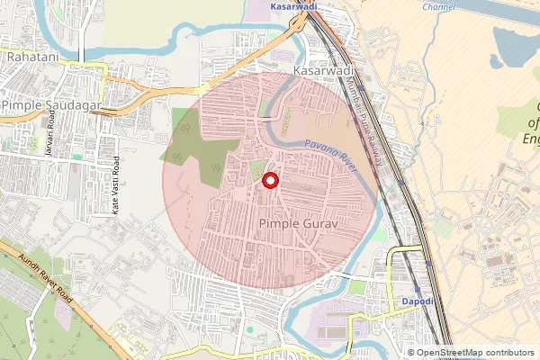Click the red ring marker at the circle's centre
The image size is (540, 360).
(x=269, y=182)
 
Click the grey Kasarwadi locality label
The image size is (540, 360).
(x=321, y=69)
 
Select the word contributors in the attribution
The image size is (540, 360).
(x=511, y=353)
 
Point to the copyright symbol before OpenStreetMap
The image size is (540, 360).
(x=411, y=353)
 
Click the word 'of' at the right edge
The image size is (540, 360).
(x=533, y=123)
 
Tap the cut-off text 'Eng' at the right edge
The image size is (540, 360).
(x=531, y=139)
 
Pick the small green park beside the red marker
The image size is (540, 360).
(x=258, y=168)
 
